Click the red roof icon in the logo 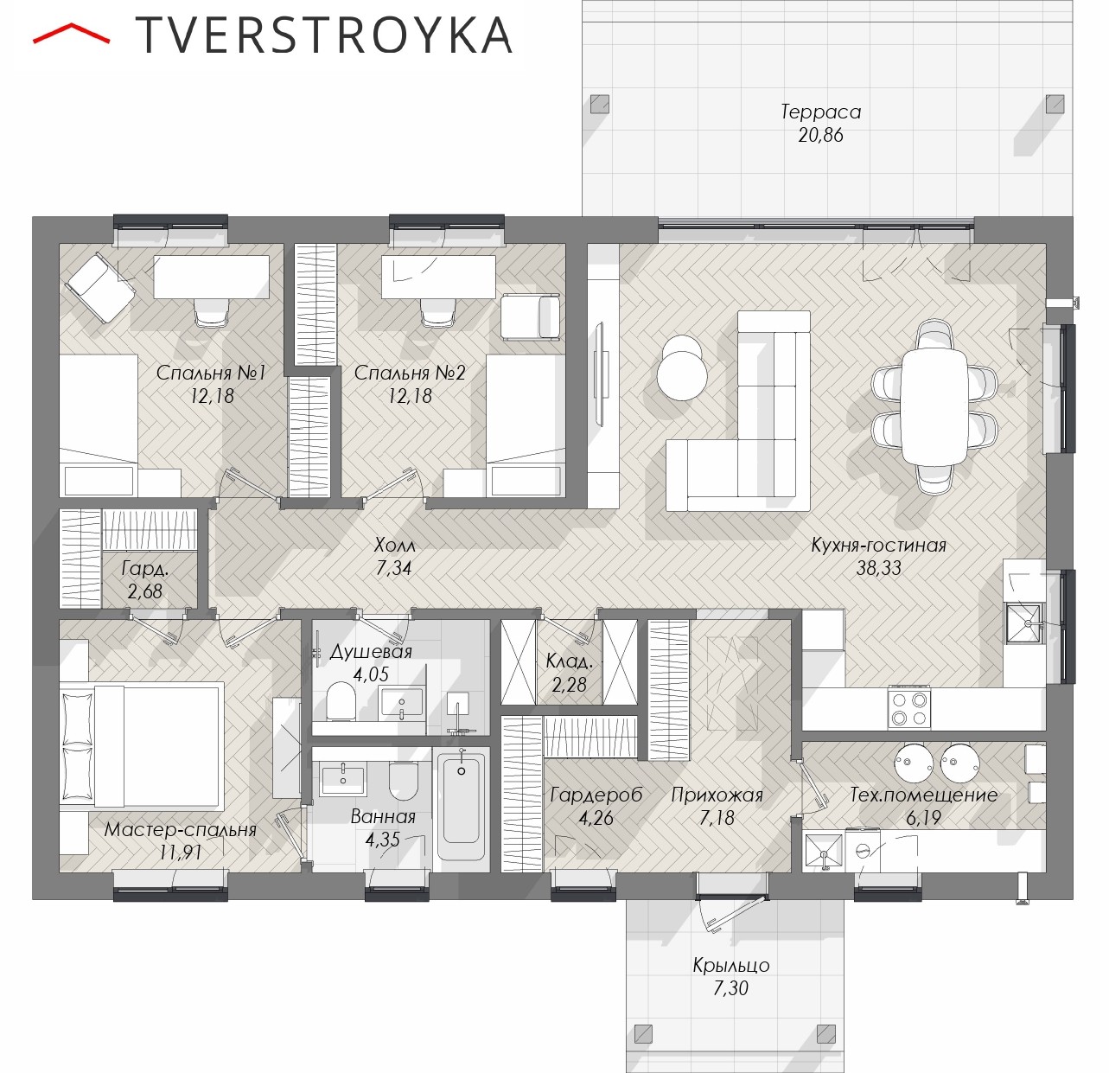71,33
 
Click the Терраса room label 820,112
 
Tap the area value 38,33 878,568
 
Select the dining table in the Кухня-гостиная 934,406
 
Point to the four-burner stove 909,709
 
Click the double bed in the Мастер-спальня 140,747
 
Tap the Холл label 394,545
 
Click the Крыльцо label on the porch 730,965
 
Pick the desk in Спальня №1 212,277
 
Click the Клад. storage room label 569,661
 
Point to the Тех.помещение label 923,795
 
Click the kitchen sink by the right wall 1023,623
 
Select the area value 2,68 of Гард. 144,591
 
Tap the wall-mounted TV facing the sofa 599,374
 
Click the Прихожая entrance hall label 717,795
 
